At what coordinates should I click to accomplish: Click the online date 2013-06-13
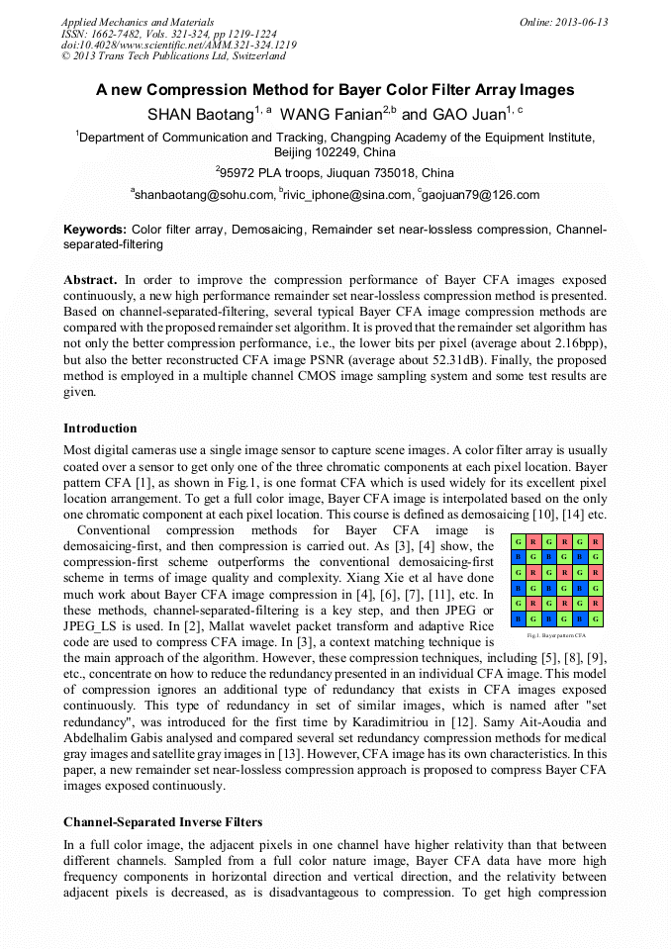point(585,22)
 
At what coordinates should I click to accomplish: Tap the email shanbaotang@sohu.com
point(203,195)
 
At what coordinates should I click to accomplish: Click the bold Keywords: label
point(95,229)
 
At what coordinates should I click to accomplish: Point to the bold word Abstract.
point(91,280)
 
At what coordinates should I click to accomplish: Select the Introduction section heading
point(100,428)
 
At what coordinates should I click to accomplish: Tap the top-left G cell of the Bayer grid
point(517,542)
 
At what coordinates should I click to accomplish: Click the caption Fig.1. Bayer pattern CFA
point(556,635)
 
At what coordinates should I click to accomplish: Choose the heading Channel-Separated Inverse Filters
point(163,821)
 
